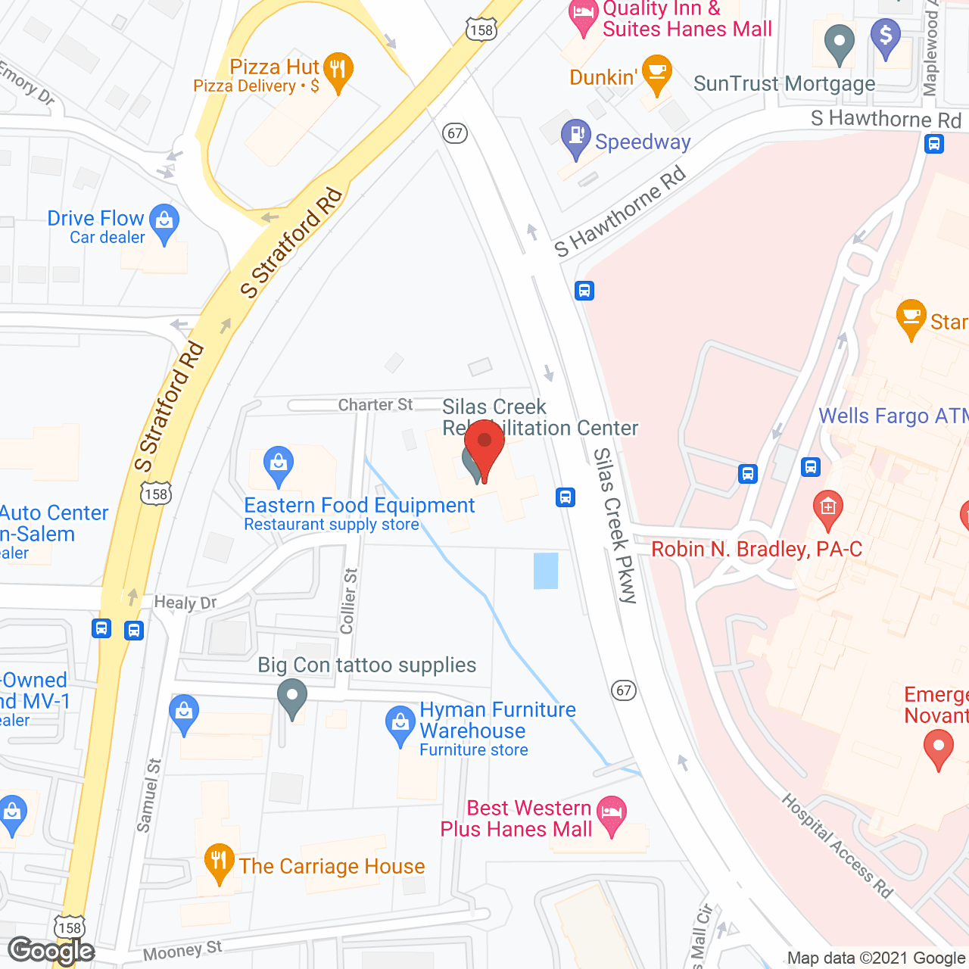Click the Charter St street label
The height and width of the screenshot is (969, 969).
click(375, 405)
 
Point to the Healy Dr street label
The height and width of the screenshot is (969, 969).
click(185, 603)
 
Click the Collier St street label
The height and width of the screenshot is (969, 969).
click(349, 601)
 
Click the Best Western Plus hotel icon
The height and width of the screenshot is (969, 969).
click(612, 815)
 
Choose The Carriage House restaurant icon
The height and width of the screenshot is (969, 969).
click(219, 862)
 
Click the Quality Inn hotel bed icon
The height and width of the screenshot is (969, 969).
click(583, 15)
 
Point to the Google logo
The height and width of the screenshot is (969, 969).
click(51, 950)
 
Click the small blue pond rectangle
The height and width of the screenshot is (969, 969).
click(546, 571)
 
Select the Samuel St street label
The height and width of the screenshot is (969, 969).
click(149, 795)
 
